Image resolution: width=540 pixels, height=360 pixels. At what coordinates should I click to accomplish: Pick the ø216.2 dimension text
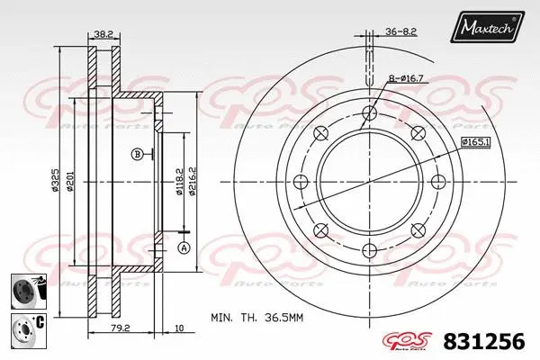tap(192, 180)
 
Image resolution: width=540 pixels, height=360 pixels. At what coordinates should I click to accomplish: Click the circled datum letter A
tap(183, 247)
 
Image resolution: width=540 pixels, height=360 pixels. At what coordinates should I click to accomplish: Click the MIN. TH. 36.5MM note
tap(256, 317)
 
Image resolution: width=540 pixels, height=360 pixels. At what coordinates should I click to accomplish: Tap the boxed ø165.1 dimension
tap(474, 142)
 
